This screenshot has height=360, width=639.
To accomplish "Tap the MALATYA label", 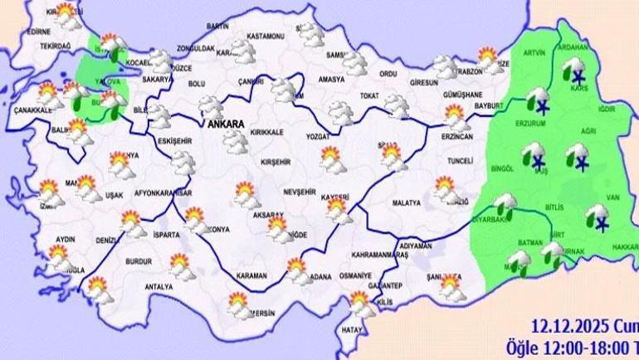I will [408, 201].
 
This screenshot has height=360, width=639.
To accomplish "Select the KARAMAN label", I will [251, 275].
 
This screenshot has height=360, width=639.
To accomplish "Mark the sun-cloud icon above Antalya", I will [179, 265].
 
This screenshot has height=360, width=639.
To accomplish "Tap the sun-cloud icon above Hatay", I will [361, 303].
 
